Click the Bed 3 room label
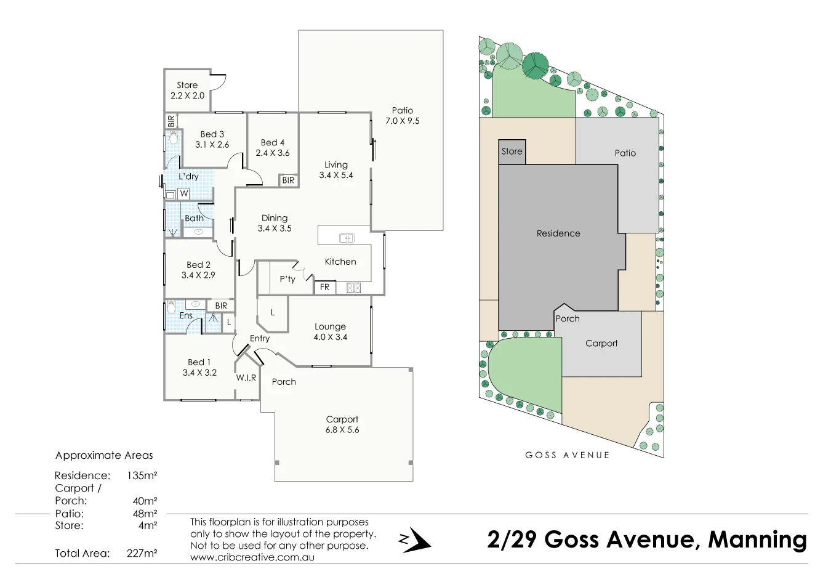pyautogui.click(x=212, y=134)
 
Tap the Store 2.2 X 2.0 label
pyautogui.click(x=187, y=91)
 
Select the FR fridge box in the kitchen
pyautogui.click(x=324, y=287)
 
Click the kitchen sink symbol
pyautogui.click(x=347, y=238)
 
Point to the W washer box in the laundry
pyautogui.click(x=183, y=193)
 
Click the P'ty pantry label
pyautogui.click(x=287, y=279)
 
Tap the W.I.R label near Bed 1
pyautogui.click(x=246, y=378)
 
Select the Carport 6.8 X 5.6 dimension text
pyautogui.click(x=342, y=430)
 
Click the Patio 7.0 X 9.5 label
pyautogui.click(x=402, y=116)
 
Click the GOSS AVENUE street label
pyautogui.click(x=567, y=455)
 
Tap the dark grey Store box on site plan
pyautogui.click(x=512, y=152)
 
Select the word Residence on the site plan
pyautogui.click(x=558, y=233)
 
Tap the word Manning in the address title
pyautogui.click(x=757, y=540)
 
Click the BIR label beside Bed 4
pyautogui.click(x=288, y=180)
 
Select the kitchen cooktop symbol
pyautogui.click(x=353, y=287)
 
